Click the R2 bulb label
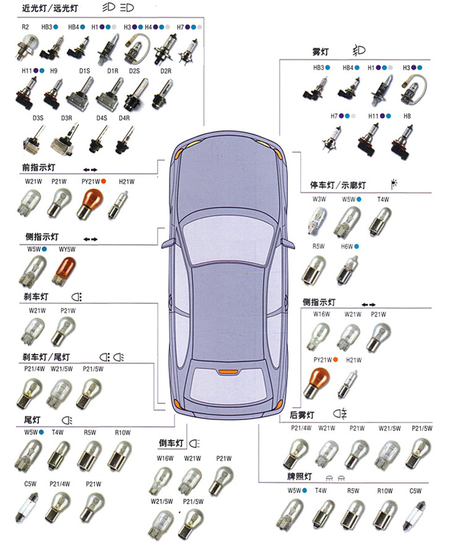(x=25, y=28)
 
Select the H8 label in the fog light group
(x=407, y=116)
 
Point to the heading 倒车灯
(x=171, y=444)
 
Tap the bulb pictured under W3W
(x=318, y=221)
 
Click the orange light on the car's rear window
(x=227, y=372)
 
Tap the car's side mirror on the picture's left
(x=167, y=244)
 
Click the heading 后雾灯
(x=302, y=414)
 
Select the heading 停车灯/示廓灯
(x=337, y=185)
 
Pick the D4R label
(x=124, y=117)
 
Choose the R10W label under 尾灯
(x=122, y=432)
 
